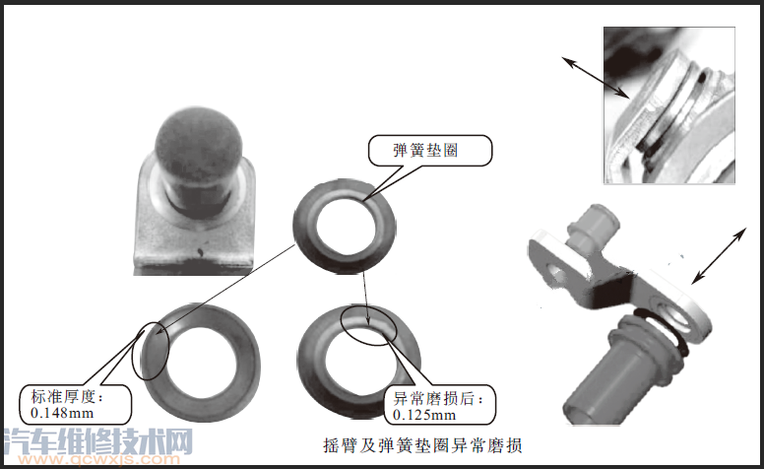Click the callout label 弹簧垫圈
[x=425, y=150]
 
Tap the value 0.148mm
[x=62, y=413]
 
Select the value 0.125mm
[x=424, y=415]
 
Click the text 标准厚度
[x=63, y=396]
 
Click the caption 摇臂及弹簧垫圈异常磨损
[x=422, y=445]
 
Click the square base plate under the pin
[x=194, y=230]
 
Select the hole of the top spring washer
[x=346, y=225]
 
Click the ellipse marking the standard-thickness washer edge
[x=151, y=351]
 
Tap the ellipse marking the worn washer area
[x=369, y=325]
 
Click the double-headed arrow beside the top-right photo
[x=596, y=78]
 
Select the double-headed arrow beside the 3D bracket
[x=719, y=255]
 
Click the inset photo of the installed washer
[x=669, y=105]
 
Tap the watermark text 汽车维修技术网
[x=96, y=441]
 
